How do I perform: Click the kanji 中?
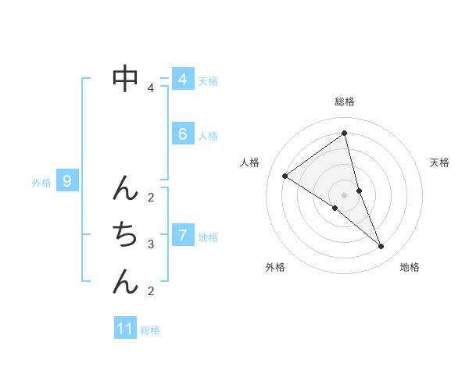tap(125, 77)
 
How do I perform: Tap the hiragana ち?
tap(125, 233)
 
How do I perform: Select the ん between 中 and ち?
tap(125, 187)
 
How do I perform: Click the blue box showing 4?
tap(183, 80)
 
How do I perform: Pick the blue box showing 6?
tap(183, 134)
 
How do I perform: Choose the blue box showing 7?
tap(183, 235)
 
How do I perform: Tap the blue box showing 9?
tap(68, 182)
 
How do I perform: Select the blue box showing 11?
tap(125, 329)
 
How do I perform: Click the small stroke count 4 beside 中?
tap(151, 88)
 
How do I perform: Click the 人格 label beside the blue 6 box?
tap(208, 136)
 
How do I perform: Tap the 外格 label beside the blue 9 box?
tap(41, 183)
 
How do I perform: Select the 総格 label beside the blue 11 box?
tap(150, 330)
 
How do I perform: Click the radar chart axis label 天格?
tap(439, 162)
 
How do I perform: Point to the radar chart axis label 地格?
tap(410, 267)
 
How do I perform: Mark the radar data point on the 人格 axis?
tap(285, 176)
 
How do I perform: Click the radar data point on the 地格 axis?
tap(381, 246)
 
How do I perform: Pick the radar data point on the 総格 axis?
tap(344, 133)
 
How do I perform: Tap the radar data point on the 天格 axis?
tap(359, 191)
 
